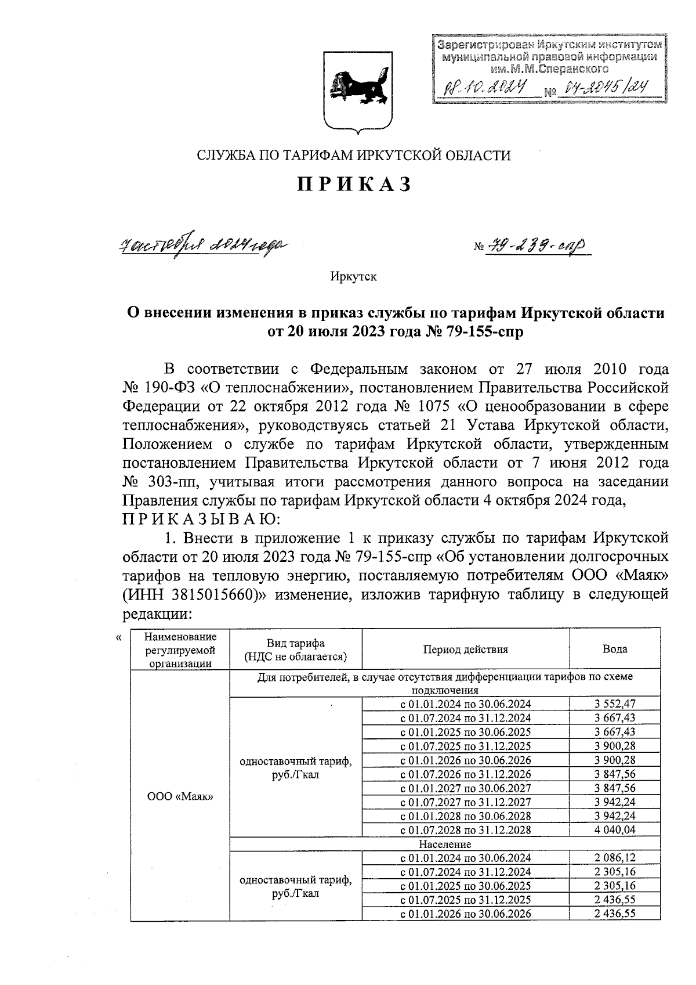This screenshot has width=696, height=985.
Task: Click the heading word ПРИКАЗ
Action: tap(355, 184)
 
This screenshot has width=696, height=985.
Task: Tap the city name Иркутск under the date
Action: tap(353, 276)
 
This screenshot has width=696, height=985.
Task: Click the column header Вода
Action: tap(615, 649)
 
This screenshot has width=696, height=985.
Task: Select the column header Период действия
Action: tap(465, 649)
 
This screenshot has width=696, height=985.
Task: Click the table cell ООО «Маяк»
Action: tap(180, 796)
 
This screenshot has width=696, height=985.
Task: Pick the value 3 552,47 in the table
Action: tap(615, 703)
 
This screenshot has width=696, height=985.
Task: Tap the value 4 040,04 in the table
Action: tap(615, 830)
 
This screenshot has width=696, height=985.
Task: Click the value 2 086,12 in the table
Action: tap(615, 858)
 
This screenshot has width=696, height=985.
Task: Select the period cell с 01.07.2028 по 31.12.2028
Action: tap(465, 830)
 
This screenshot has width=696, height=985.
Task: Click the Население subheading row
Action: tap(445, 844)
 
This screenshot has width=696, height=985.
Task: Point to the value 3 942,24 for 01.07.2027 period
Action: tap(615, 802)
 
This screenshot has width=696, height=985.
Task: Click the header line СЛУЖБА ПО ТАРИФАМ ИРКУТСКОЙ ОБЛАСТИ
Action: tap(354, 155)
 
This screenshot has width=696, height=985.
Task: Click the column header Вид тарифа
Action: tap(296, 649)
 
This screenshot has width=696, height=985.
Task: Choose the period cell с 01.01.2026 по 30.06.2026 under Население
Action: tap(465, 914)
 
